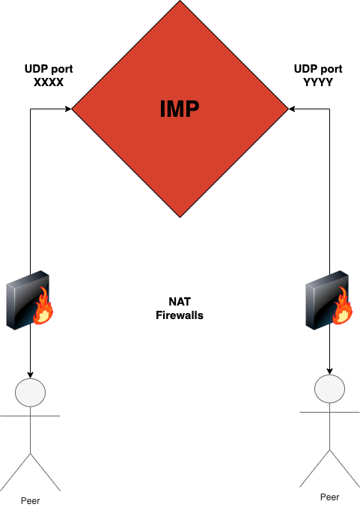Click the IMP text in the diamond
(180, 109)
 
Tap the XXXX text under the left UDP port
(49, 82)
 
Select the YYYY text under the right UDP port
(318, 82)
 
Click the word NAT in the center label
(180, 302)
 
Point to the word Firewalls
(180, 315)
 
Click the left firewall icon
(30, 300)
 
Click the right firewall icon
(329, 300)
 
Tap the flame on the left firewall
(43, 306)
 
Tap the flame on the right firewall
(343, 306)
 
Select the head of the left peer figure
(31, 392)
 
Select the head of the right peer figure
(329, 389)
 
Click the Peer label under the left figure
(31, 500)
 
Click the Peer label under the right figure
(329, 497)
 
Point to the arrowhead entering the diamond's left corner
(69, 109)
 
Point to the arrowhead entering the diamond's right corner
(291, 109)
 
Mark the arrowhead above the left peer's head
(31, 375)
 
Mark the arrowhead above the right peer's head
(329, 371)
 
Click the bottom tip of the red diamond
(180, 217)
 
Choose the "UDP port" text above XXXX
(49, 69)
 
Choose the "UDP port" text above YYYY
(318, 69)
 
